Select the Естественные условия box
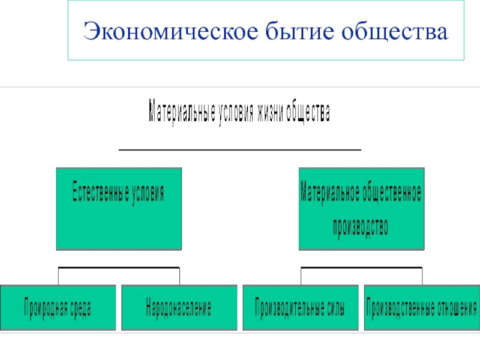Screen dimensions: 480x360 tap(119, 209)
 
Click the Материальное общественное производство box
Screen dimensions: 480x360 tap(361, 209)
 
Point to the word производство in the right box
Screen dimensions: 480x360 tap(361, 227)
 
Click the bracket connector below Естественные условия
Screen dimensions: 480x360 tap(119, 268)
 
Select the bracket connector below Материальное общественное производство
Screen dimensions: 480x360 tap(361, 268)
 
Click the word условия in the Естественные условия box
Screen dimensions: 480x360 tap(144, 193)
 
